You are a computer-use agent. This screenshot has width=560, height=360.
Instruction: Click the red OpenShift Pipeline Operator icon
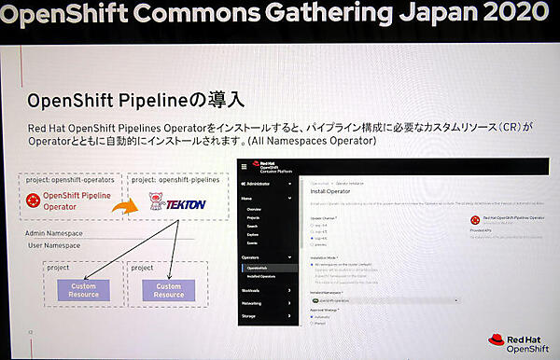coord(35,201)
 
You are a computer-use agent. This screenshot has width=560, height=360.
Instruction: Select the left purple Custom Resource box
coord(82,290)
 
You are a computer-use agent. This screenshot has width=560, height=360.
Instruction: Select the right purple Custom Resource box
coord(169,290)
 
